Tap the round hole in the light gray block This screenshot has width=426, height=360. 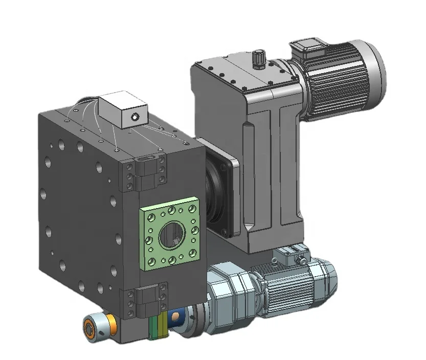coord(134,118)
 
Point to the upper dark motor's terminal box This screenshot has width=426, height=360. coord(307,47)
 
